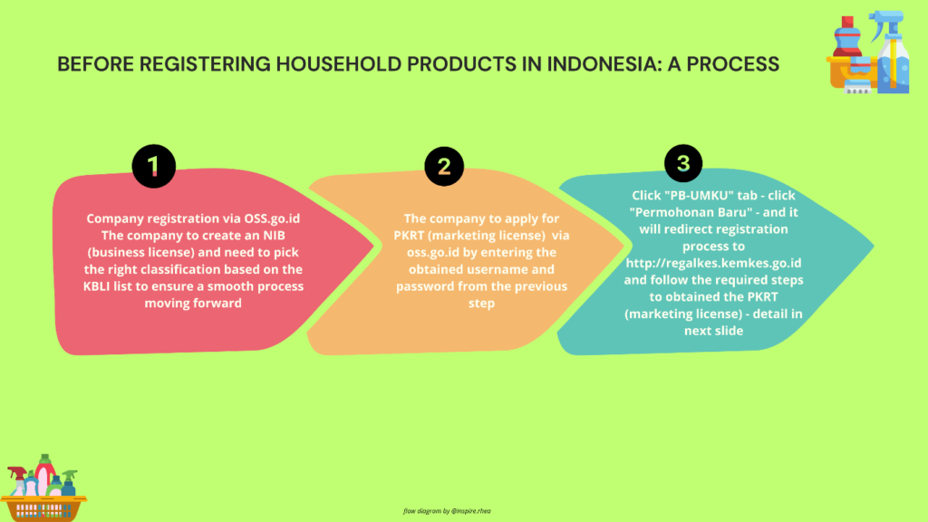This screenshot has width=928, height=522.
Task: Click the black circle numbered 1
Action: (x=154, y=167)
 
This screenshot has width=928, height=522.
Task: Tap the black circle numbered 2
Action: (x=444, y=167)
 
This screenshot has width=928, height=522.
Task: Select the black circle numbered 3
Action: (x=683, y=163)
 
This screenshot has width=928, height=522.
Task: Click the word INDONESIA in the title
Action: (x=603, y=64)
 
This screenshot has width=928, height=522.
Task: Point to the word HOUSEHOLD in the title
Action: (x=339, y=64)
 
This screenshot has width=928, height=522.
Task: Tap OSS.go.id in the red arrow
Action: (x=272, y=219)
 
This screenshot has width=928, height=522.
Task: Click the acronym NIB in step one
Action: (x=274, y=236)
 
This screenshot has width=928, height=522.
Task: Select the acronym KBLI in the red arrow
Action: (x=96, y=286)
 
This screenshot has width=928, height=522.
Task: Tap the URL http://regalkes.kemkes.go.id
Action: (x=714, y=264)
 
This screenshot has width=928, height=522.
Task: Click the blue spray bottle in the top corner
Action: (x=891, y=52)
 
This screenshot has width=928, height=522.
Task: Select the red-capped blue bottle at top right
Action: (x=847, y=36)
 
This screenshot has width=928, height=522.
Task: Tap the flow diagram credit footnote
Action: (x=447, y=511)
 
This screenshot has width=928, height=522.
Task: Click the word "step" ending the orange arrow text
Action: (x=481, y=304)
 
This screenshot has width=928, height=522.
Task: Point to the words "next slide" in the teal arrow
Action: (x=714, y=331)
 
